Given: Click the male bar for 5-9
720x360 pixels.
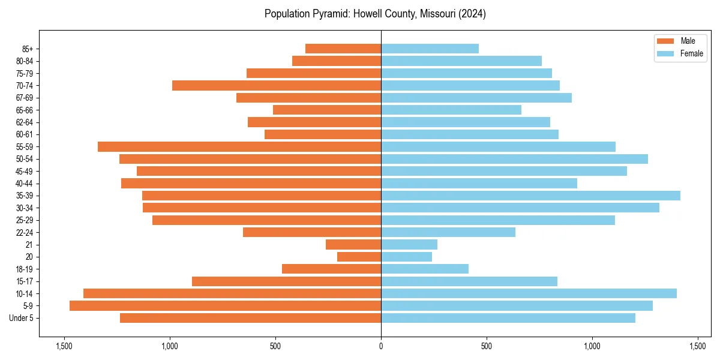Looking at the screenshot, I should coord(225,306).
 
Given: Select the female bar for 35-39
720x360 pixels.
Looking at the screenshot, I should coord(530,196).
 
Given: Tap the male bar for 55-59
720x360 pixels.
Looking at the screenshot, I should coord(239,147).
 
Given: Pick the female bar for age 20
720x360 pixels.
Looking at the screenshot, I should coord(406,257).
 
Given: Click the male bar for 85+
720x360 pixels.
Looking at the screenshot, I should coord(343,49).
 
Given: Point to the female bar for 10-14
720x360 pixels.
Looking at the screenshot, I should coord(529,293).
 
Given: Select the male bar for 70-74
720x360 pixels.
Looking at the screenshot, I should coord(277,86).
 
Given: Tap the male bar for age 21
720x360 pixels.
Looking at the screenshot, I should coord(353,245).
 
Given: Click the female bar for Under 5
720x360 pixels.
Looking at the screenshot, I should coord(508,318).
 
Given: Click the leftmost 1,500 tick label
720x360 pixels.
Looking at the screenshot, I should coord(64,347).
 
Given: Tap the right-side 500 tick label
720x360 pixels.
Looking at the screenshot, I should coord(487,347).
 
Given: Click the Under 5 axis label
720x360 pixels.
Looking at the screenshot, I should coord(22,318).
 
